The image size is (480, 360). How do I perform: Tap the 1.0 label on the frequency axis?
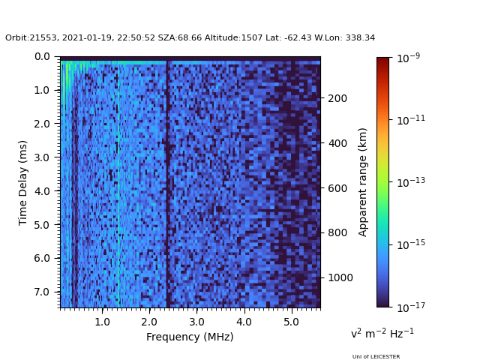point(102,322)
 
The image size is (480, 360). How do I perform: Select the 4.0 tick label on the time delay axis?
point(42,191)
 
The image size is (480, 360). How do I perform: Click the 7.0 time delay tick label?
point(42,292)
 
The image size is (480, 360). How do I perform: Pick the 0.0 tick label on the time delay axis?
point(42,57)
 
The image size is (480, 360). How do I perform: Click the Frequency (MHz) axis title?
point(190,337)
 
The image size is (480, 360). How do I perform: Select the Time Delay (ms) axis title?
point(23,182)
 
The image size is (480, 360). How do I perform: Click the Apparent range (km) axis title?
point(363,181)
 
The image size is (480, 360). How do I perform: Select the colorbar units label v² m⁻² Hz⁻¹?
point(382,333)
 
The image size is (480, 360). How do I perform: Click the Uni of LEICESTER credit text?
point(376,356)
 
